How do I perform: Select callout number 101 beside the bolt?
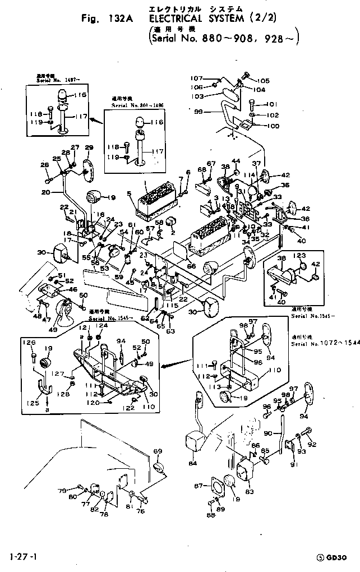tap(271, 104)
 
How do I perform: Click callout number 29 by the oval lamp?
tap(89, 147)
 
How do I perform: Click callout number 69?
tap(158, 451)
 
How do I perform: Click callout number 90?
tap(267, 433)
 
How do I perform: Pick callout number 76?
tap(141, 510)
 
